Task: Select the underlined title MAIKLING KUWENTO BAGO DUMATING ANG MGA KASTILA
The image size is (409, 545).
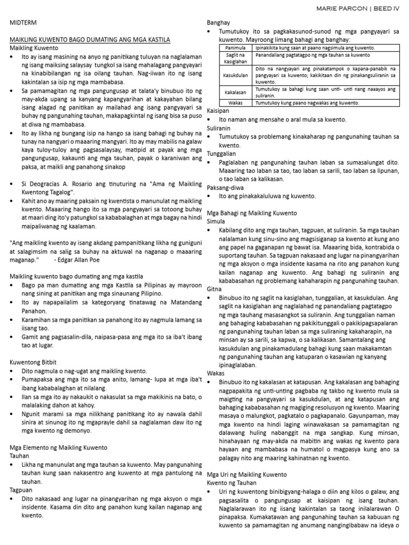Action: pos(90,40)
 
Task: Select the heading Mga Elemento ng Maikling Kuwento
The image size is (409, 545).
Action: pos(59,448)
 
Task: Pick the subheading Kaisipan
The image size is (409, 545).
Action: pos(218,111)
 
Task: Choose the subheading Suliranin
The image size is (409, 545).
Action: pos(219,128)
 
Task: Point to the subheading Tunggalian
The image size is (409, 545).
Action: pos(222,153)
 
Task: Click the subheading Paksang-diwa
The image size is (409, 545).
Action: pos(225,187)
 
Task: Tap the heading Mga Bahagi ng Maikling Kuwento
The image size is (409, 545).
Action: pos(252,213)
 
